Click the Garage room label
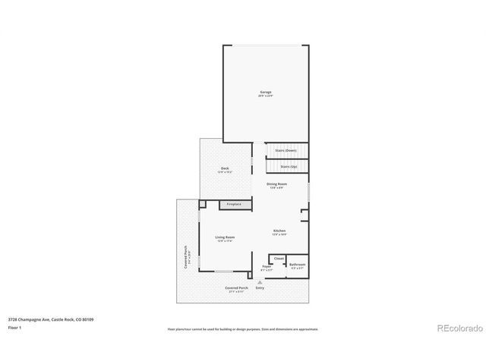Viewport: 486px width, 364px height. (x=266, y=92)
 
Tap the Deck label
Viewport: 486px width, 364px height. (x=225, y=168)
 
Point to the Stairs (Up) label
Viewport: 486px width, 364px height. (x=289, y=166)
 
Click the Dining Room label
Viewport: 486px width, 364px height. (x=276, y=184)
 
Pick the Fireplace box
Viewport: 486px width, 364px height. (x=235, y=204)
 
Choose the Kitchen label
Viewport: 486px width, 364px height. (x=279, y=231)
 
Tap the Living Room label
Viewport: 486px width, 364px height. (x=225, y=237)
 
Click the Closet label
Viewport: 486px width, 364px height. (x=279, y=259)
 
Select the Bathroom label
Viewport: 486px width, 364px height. (x=297, y=265)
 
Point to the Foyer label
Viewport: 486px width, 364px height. (x=267, y=266)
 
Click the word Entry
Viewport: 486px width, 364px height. (x=260, y=288)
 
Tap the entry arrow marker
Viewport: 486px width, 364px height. (x=260, y=282)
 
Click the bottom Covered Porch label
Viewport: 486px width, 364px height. (x=236, y=288)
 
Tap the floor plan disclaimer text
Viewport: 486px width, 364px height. (x=243, y=329)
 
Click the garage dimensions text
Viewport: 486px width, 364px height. (x=266, y=96)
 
